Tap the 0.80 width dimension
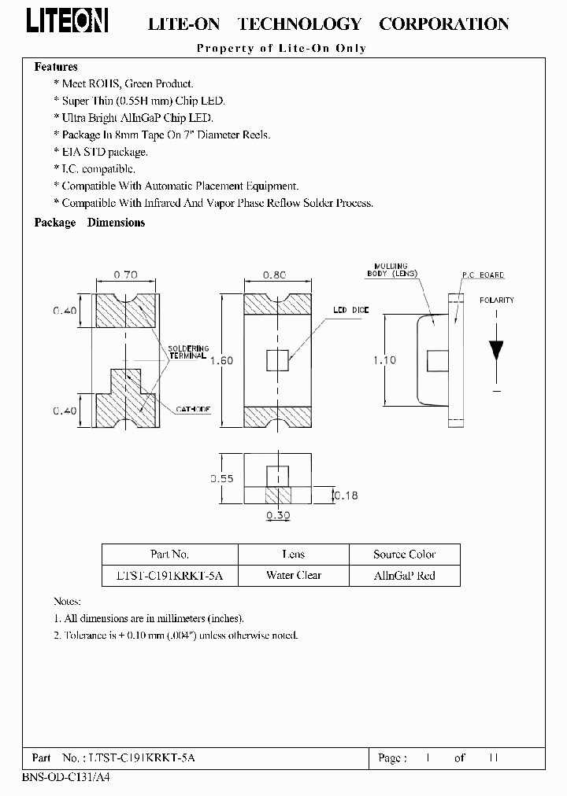click(275, 275)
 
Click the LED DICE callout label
click(350, 311)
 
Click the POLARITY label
click(496, 300)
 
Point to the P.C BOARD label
click(483, 275)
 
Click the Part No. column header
click(169, 555)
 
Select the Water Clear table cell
click(294, 575)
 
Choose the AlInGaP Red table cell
click(404, 575)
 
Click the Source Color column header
click(404, 555)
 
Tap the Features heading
click(56, 67)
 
